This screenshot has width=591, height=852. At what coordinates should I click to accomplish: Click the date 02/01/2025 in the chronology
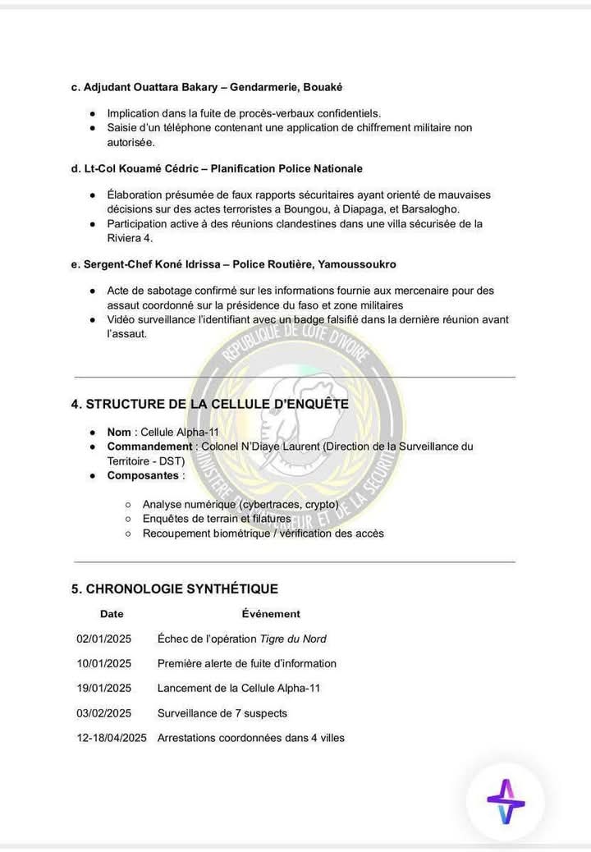(103, 639)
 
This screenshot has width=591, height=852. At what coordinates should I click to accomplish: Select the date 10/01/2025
(103, 663)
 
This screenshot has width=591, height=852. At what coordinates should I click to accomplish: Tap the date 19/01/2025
(103, 688)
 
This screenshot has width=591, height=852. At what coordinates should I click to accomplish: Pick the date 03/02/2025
(103, 713)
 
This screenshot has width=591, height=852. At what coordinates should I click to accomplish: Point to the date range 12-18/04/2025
(111, 738)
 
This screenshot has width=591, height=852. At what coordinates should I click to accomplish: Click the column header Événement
(271, 614)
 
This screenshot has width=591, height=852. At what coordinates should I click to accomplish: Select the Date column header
(112, 614)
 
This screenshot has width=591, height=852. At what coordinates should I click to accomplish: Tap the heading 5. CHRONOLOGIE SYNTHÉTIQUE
(175, 589)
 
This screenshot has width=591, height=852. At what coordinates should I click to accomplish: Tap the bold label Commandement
(149, 447)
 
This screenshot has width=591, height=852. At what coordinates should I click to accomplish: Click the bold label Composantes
(143, 475)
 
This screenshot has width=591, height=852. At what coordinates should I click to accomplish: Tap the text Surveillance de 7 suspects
(222, 713)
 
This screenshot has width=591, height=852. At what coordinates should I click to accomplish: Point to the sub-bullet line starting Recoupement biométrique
(263, 534)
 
